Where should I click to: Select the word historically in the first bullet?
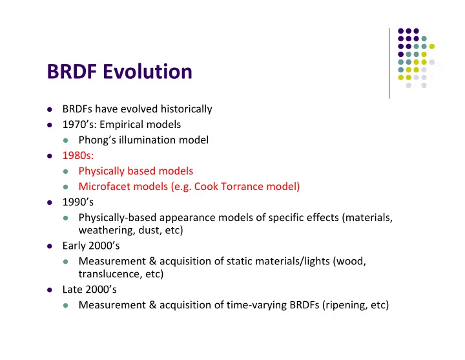pos(186,109)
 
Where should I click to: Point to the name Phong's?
pos(97,140)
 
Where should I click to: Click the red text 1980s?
pos(78,156)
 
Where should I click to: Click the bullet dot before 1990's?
pos(50,202)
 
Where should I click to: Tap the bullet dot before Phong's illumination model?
pos(65,140)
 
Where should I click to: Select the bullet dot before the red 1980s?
pos(50,156)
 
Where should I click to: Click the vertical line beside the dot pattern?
pos(389,63)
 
